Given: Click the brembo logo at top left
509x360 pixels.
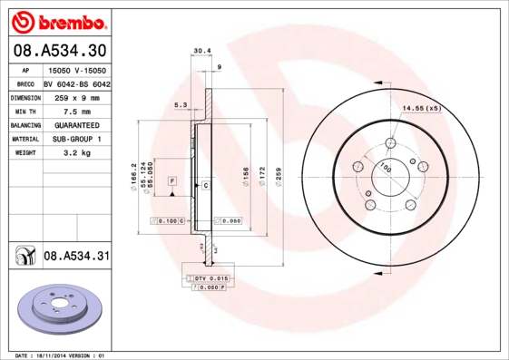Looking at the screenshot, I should point(59,21).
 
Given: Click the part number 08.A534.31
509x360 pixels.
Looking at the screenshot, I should point(76,257).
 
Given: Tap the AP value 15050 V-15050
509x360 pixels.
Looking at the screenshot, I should point(77,69).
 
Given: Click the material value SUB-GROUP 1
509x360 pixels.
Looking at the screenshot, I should point(77,139).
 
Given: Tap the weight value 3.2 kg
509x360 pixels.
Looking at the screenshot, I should point(77,153).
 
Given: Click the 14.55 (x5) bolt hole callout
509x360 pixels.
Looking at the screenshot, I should point(421,109).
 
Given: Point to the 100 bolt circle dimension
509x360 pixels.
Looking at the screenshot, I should point(386,167).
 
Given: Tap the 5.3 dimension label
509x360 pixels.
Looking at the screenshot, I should point(180,106).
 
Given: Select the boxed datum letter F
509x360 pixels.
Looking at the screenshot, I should point(171,182).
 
